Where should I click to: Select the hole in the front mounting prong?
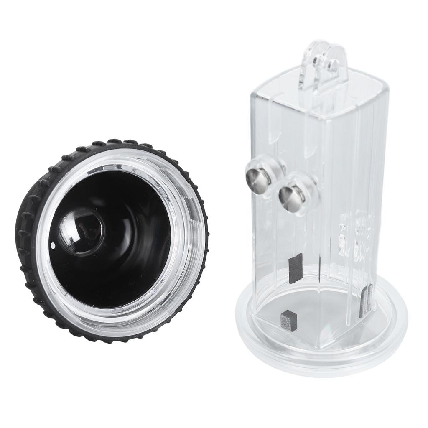333,65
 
